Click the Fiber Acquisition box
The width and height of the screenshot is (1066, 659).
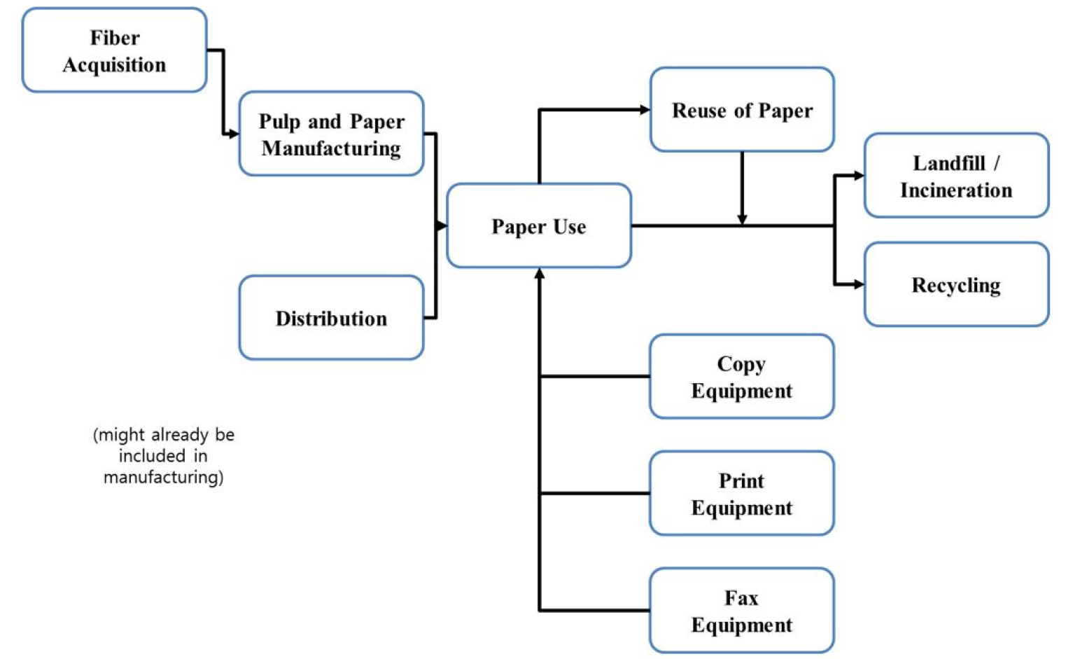pyautogui.click(x=114, y=50)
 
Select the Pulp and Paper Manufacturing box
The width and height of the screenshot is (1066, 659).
pyautogui.click(x=331, y=134)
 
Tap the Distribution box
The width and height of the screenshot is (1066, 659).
pyautogui.click(x=331, y=318)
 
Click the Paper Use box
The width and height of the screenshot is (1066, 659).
pyautogui.click(x=538, y=226)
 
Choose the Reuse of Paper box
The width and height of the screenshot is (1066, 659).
pyautogui.click(x=742, y=110)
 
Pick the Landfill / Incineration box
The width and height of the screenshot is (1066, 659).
pyautogui.click(x=956, y=176)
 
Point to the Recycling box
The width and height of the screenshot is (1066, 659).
pyautogui.click(x=956, y=285)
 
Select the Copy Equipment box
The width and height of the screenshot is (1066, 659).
pyautogui.click(x=742, y=377)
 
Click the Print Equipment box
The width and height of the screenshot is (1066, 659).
pyautogui.click(x=742, y=494)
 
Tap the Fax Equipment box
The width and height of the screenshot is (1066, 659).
pyautogui.click(x=742, y=611)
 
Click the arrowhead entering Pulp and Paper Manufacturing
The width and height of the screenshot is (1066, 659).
pyautogui.click(x=233, y=134)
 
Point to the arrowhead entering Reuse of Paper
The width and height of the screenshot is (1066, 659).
pyautogui.click(x=645, y=110)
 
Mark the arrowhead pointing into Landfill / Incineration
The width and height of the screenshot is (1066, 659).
pyautogui.click(x=859, y=176)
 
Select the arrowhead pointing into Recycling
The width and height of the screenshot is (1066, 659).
pyautogui.click(x=859, y=284)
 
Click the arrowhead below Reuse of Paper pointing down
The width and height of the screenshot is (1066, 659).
pyautogui.click(x=742, y=220)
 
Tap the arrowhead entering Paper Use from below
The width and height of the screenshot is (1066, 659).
pyautogui.click(x=539, y=274)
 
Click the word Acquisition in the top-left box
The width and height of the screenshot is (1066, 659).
pyautogui.click(x=114, y=64)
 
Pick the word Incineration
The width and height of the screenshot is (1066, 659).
pyautogui.click(x=956, y=190)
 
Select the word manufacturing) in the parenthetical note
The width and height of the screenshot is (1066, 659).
pyautogui.click(x=163, y=477)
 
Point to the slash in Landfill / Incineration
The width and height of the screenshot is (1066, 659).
pyautogui.click(x=997, y=163)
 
